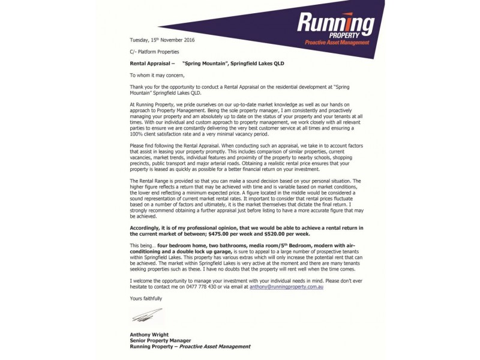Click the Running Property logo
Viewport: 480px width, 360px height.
click(x=335, y=27)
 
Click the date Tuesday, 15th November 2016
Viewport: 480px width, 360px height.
click(x=162, y=40)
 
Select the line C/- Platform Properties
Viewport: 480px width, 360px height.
click(x=154, y=52)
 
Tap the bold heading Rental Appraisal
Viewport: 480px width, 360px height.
click(x=152, y=63)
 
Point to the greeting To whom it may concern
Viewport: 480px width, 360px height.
click(x=158, y=75)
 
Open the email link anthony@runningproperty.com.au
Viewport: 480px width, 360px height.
click(x=287, y=287)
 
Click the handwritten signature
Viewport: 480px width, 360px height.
click(x=148, y=314)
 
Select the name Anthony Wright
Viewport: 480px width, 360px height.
click(x=149, y=334)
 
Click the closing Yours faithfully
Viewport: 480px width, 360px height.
click(x=146, y=298)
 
